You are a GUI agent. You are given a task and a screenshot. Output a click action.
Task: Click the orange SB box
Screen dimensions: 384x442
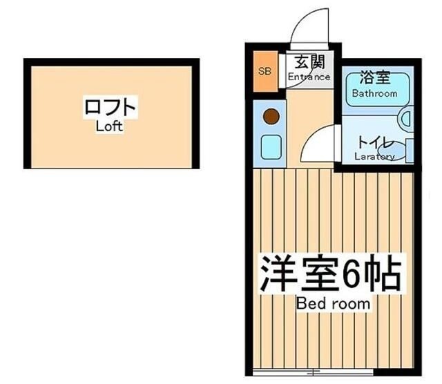tap(265, 71)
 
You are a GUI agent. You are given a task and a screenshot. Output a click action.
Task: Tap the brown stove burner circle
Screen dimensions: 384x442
tap(271, 117)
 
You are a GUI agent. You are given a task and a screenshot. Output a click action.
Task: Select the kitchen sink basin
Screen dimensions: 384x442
tap(270, 147)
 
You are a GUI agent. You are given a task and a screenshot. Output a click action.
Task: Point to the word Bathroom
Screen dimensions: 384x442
tap(375, 93)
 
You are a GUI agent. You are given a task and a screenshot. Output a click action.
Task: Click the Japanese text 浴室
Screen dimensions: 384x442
tap(374, 79)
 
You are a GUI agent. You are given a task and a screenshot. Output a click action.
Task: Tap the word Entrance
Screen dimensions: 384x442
tap(309, 77)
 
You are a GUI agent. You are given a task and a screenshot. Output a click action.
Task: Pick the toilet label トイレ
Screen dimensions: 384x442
tap(375, 144)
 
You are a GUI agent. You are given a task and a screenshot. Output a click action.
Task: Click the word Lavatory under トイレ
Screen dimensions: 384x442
tap(375, 157)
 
